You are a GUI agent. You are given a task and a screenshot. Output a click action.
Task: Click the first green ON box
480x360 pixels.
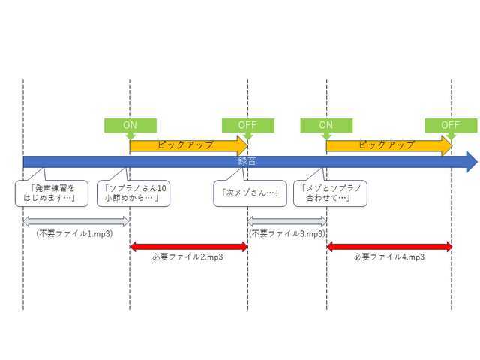(130, 124)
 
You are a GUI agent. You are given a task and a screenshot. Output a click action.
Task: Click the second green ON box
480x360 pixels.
(326, 124)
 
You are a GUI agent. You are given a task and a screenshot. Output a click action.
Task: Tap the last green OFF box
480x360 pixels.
(451, 124)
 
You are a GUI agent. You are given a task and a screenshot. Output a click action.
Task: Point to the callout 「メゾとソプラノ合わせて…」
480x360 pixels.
(331, 193)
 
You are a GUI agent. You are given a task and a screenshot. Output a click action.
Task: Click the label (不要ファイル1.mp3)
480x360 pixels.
(74, 233)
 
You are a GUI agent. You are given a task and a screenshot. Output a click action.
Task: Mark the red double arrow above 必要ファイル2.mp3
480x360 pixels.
(188, 245)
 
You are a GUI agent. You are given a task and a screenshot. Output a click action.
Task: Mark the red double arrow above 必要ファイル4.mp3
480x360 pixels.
(388, 245)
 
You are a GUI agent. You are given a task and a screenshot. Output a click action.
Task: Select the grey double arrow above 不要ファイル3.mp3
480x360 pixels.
(287, 221)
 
